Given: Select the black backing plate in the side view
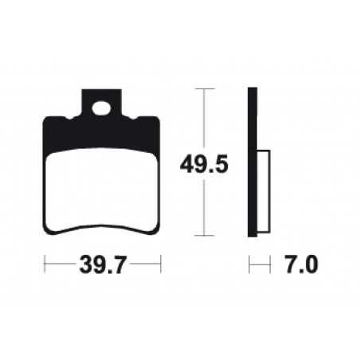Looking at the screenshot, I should (253, 163).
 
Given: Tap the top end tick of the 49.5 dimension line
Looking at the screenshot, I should (206, 89).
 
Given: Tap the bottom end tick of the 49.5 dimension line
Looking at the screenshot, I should (206, 236).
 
